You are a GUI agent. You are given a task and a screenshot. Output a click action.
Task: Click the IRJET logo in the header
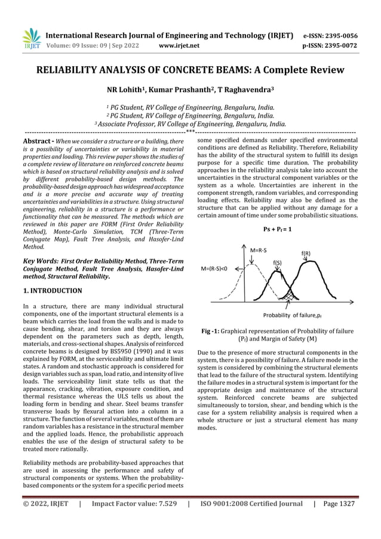coord(30,38)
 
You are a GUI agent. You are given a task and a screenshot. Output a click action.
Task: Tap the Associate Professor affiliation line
coord(190,124)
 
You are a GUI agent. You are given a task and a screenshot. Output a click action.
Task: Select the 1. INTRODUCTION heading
coord(53,291)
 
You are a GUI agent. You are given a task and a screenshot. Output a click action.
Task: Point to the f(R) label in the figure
coord(305,253)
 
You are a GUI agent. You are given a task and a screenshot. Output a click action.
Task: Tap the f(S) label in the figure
coord(278,262)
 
